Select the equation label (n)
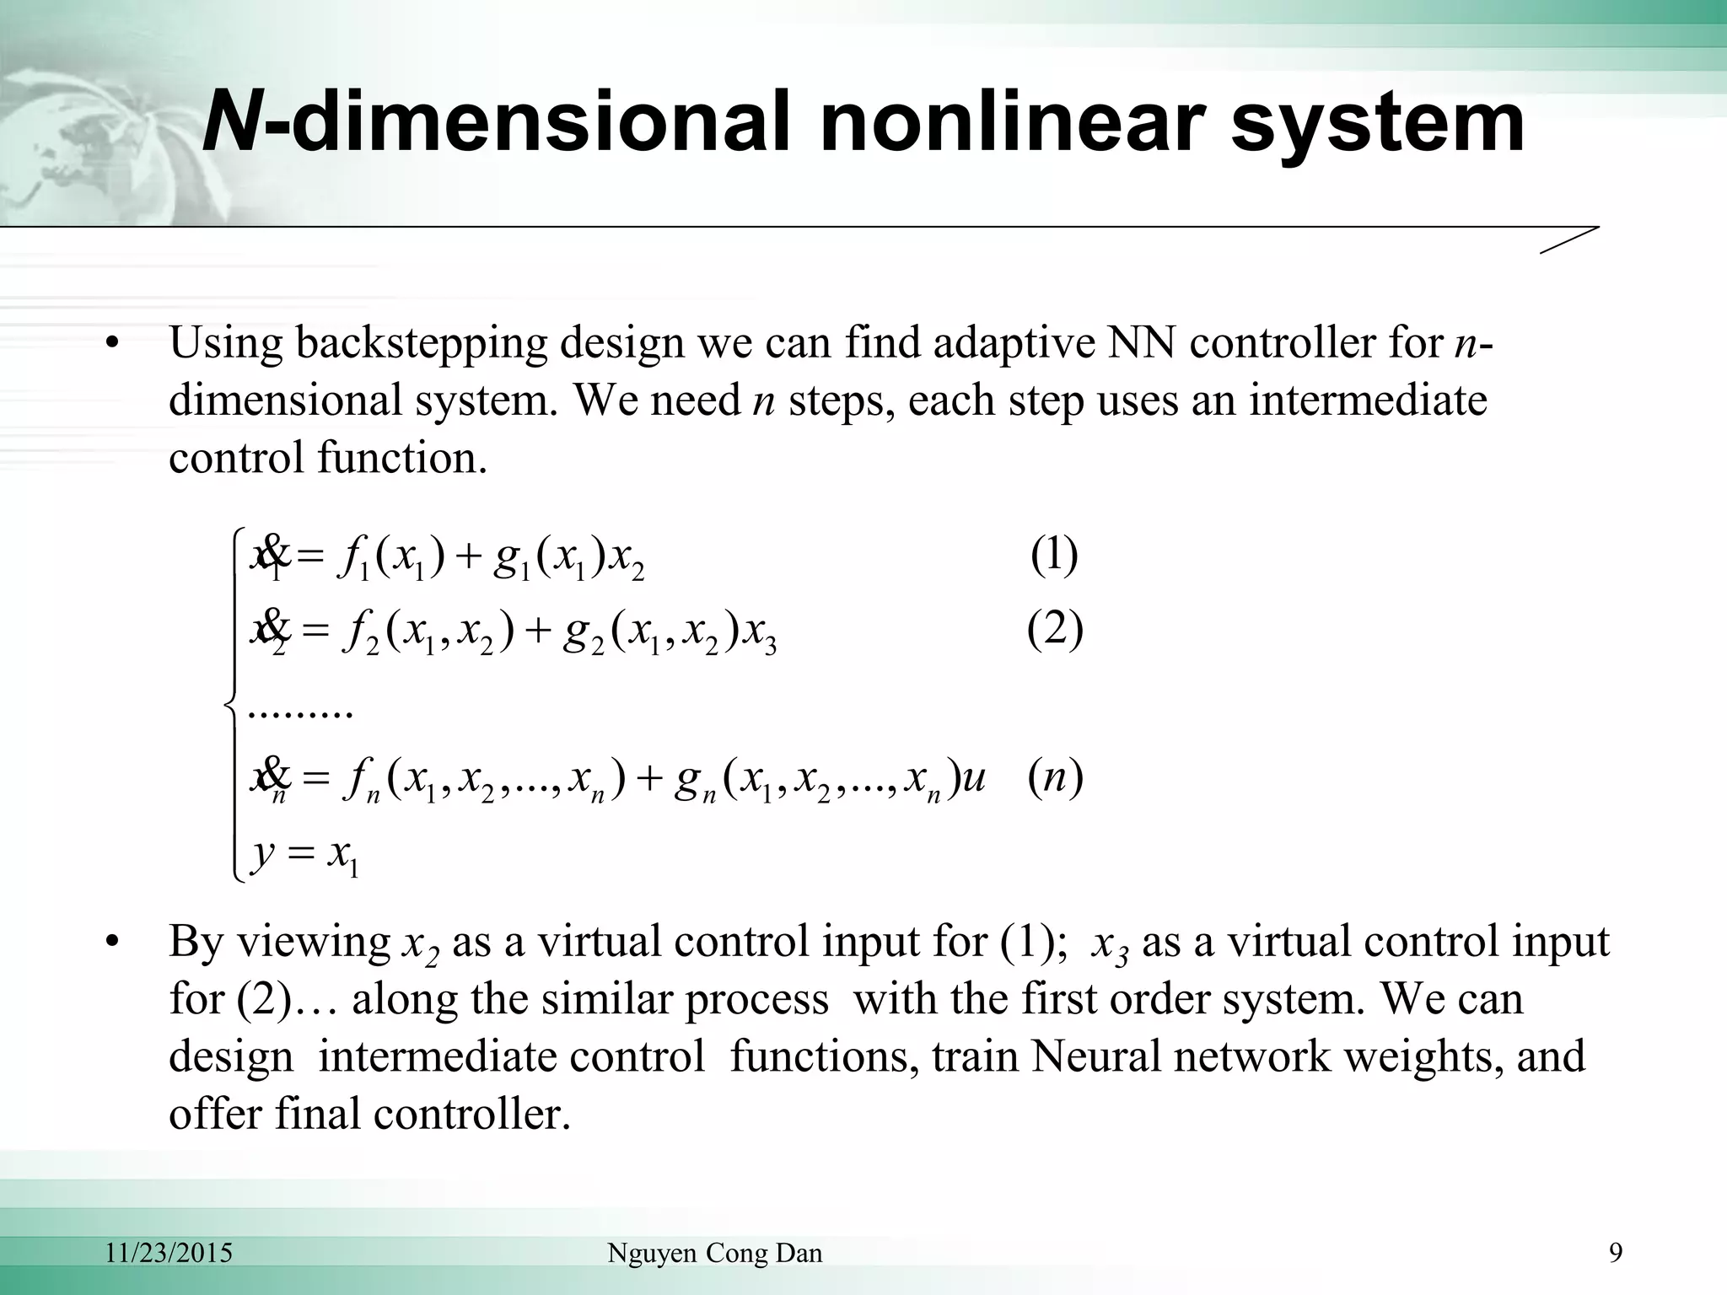click(x=1055, y=777)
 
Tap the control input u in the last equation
click(x=972, y=777)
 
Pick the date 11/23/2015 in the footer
click(x=169, y=1254)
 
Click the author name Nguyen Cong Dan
click(x=714, y=1254)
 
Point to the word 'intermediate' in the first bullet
click(x=1368, y=400)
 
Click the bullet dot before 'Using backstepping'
click(x=110, y=345)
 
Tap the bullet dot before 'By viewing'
click(x=110, y=943)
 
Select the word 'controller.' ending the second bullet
click(x=472, y=1114)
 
